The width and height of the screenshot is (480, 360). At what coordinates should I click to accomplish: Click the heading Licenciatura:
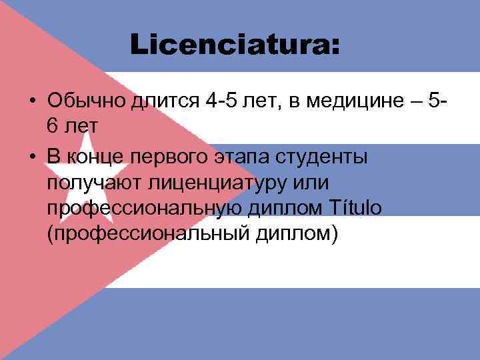click(x=235, y=45)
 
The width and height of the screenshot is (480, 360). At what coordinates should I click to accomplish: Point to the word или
click(x=303, y=182)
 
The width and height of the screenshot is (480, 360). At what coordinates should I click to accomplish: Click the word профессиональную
click(x=145, y=209)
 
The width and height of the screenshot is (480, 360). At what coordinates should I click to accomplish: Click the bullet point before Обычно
click(x=31, y=102)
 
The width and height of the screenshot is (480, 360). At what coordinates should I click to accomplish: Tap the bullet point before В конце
click(x=31, y=157)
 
